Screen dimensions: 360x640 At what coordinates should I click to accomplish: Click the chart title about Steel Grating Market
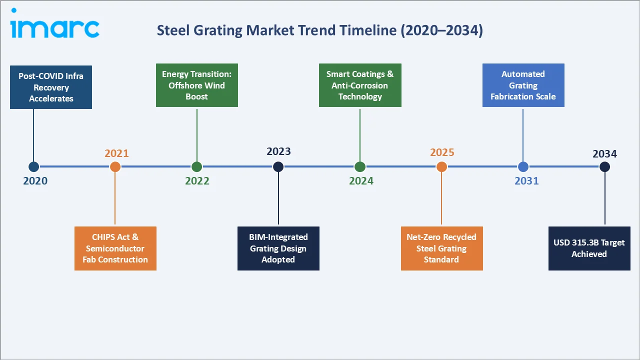(319, 30)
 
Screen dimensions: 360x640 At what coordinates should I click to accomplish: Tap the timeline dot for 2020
(33, 167)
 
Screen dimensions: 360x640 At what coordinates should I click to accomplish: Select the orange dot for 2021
(115, 167)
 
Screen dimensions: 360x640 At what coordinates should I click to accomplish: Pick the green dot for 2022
(196, 167)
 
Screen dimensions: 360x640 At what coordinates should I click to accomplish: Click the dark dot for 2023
(278, 167)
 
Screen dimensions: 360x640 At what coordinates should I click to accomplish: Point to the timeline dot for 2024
(360, 167)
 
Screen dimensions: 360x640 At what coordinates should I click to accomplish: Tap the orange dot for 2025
(441, 167)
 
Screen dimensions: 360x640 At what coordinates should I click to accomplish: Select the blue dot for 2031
(523, 167)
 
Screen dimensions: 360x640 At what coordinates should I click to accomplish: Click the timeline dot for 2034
(604, 167)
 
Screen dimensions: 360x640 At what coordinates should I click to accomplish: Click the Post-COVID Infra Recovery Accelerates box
(51, 87)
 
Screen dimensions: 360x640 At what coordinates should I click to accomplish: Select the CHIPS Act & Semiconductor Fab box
(115, 248)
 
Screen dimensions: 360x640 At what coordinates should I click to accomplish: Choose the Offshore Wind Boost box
(197, 85)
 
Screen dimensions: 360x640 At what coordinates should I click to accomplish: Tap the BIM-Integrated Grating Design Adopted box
(278, 248)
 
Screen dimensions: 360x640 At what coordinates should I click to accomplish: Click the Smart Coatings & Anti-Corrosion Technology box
(360, 85)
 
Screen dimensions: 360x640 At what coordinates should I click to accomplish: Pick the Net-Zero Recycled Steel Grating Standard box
(442, 248)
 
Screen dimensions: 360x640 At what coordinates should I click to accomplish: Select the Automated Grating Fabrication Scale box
(523, 85)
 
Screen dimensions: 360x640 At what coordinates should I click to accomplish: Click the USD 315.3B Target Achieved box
(589, 248)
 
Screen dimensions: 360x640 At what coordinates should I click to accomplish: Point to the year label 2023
(278, 151)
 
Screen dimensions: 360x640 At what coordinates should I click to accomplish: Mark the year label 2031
(526, 181)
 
